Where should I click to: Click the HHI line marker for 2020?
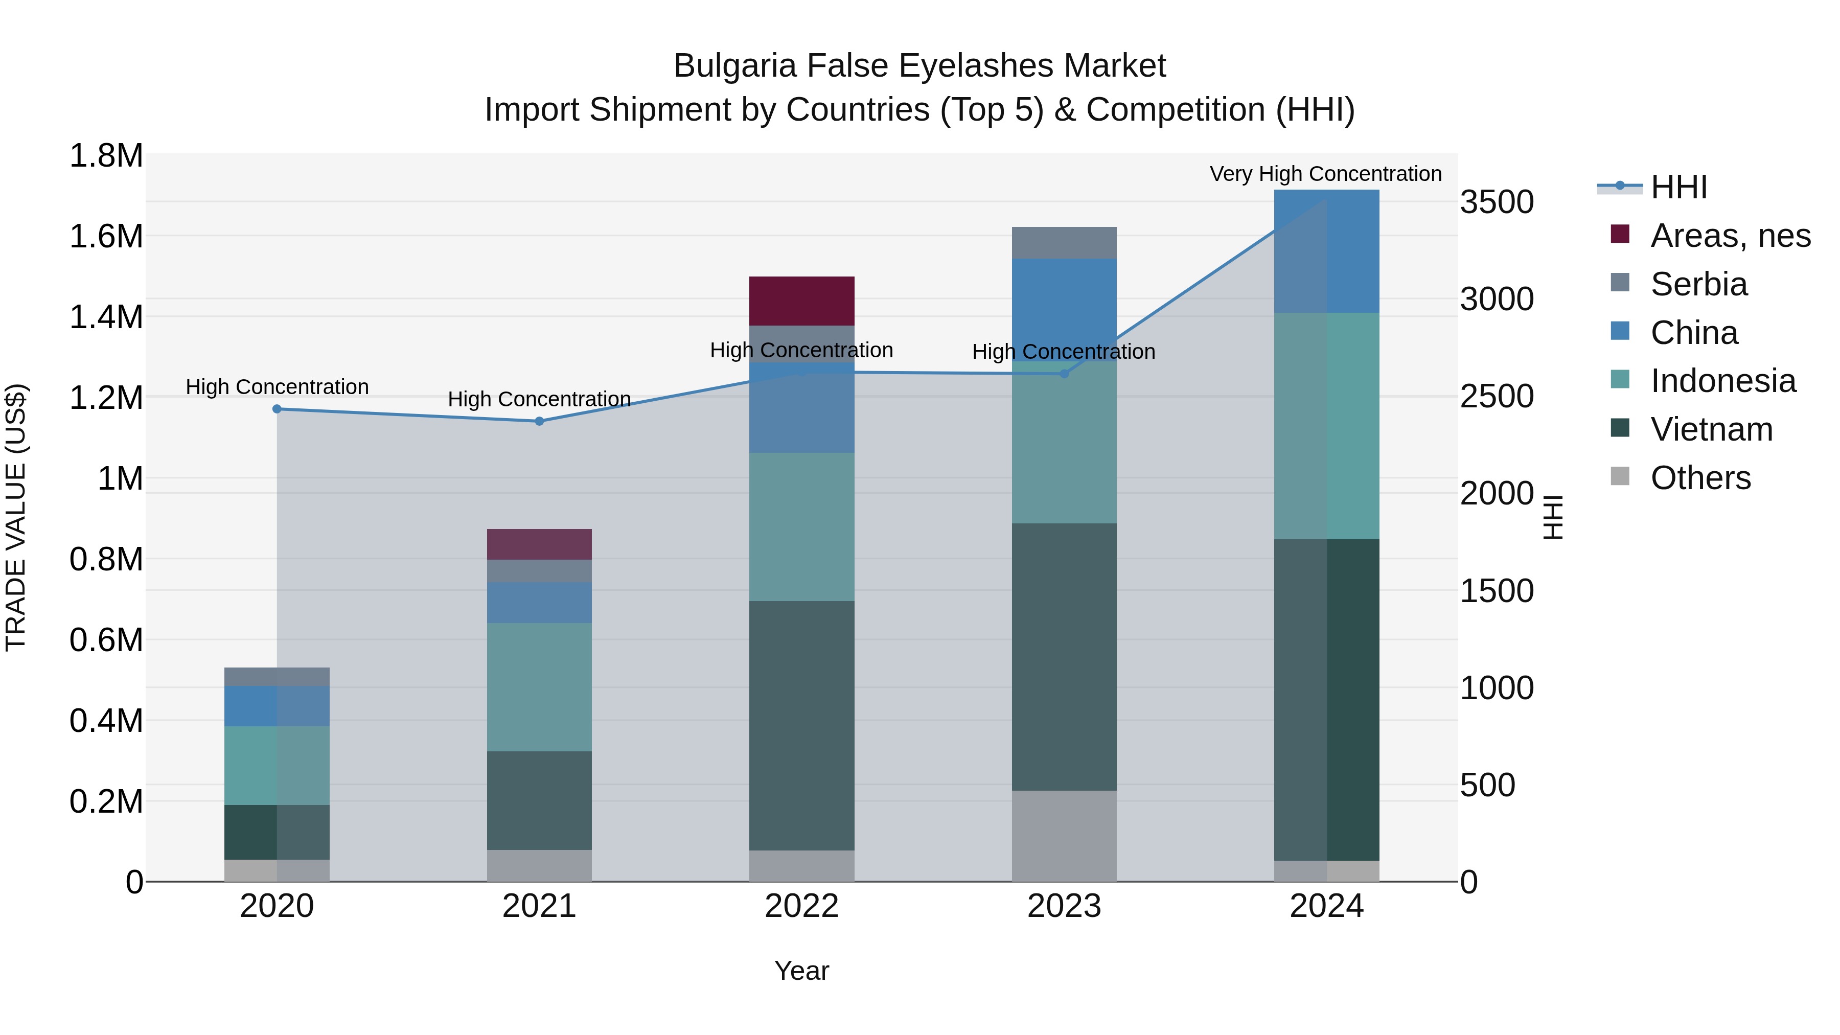[x=277, y=409]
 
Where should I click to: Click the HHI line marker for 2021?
[x=539, y=422]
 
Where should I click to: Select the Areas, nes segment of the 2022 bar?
[x=801, y=301]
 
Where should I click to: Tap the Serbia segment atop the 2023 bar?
[x=1064, y=243]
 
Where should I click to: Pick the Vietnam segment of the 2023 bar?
[x=1064, y=657]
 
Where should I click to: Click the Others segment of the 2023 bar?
[x=1064, y=836]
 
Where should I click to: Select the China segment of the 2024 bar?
[x=1326, y=251]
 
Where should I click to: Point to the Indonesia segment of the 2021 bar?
[x=539, y=687]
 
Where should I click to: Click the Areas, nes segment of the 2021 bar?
[x=539, y=544]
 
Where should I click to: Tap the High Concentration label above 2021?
[x=539, y=399]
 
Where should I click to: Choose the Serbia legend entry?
[x=1698, y=284]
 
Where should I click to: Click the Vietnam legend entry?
[x=1711, y=429]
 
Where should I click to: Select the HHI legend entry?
[x=1678, y=187]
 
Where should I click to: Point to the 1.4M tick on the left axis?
[x=106, y=317]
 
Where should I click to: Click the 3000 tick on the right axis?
[x=1497, y=300]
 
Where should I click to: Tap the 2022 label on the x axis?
[x=801, y=906]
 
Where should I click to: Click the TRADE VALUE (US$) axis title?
[x=16, y=517]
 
